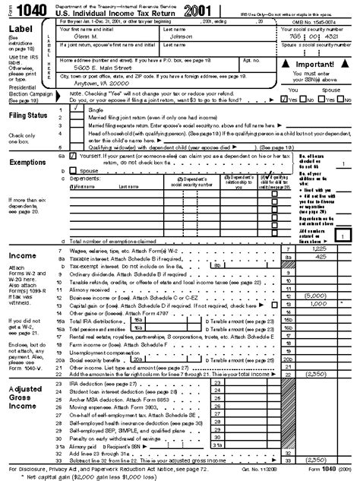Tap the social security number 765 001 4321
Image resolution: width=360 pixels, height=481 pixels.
point(308,38)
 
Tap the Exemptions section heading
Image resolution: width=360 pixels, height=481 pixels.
point(28,162)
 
